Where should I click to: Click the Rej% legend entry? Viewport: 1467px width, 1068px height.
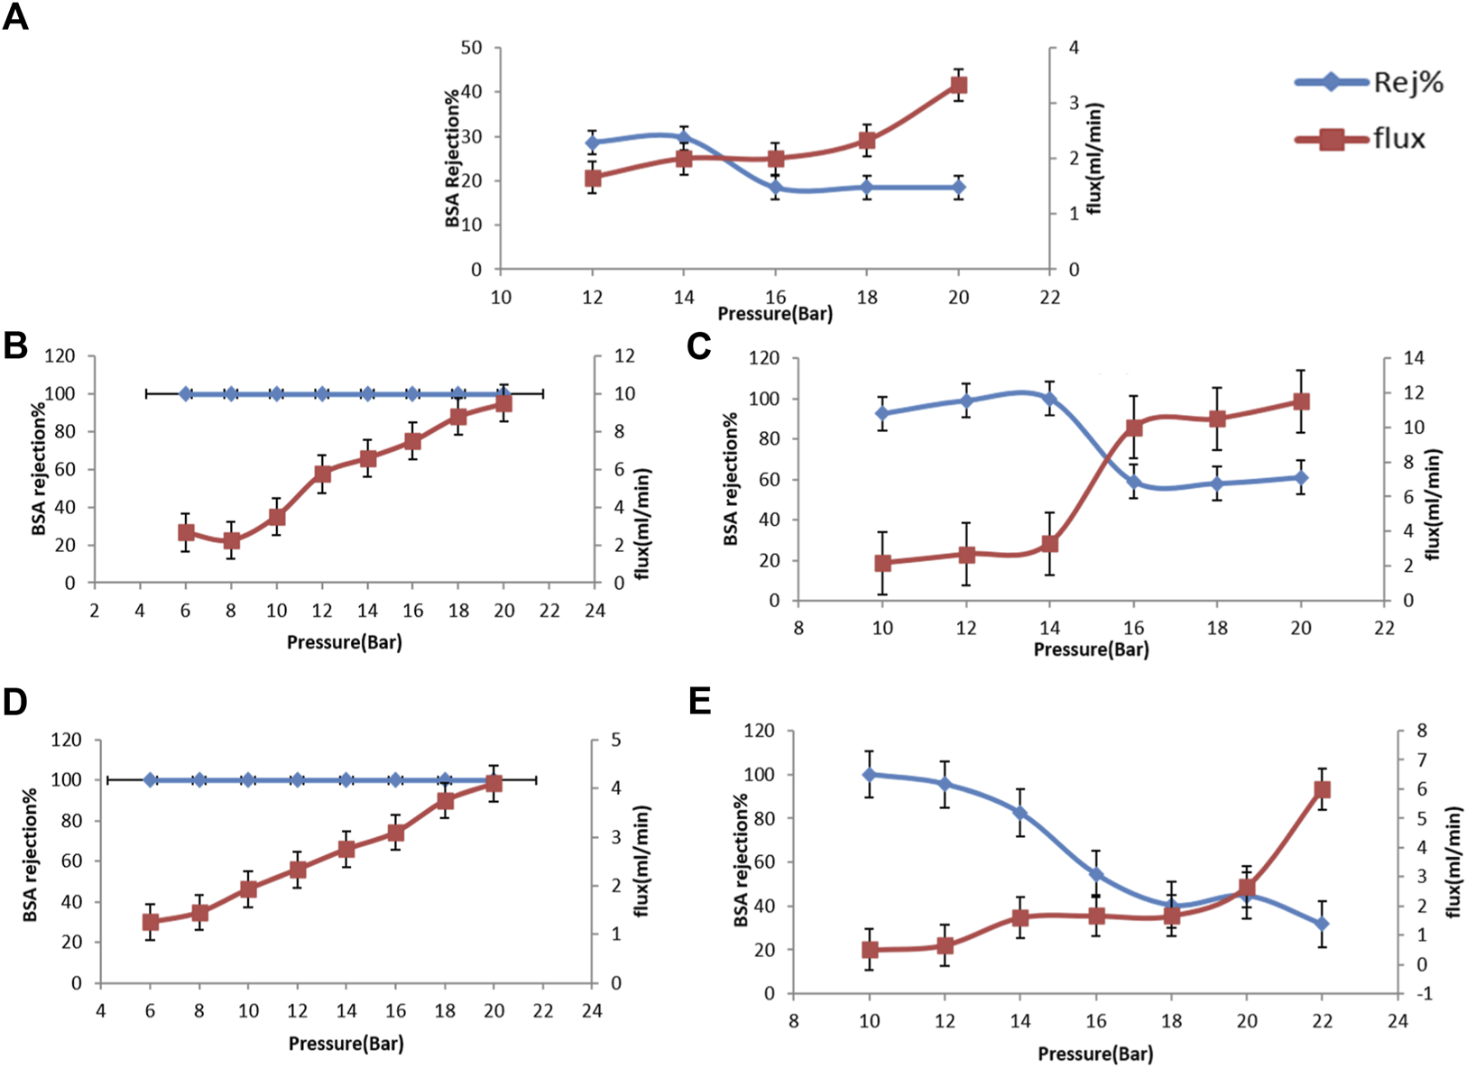pos(1369,82)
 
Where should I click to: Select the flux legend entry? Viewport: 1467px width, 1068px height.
pos(1361,139)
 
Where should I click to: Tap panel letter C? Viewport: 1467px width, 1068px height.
pos(701,346)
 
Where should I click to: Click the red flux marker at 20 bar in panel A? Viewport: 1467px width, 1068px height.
pos(958,85)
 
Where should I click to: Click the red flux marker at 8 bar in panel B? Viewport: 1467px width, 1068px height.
pos(231,541)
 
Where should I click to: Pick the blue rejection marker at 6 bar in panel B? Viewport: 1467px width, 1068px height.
pos(186,393)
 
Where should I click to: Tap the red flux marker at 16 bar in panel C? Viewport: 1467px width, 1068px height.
pos(1134,428)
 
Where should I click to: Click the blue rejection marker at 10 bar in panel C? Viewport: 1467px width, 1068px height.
pos(882,413)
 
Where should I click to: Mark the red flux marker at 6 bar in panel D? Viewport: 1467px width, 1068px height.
pos(151,922)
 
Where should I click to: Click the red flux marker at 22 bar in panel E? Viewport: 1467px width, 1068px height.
pos(1322,790)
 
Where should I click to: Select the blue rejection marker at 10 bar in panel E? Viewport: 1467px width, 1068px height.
pos(870,774)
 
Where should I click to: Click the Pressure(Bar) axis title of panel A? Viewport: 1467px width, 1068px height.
pos(775,314)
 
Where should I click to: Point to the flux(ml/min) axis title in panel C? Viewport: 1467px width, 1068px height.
pos(1433,504)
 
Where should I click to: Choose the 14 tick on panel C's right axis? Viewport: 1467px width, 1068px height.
pos(1413,358)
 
